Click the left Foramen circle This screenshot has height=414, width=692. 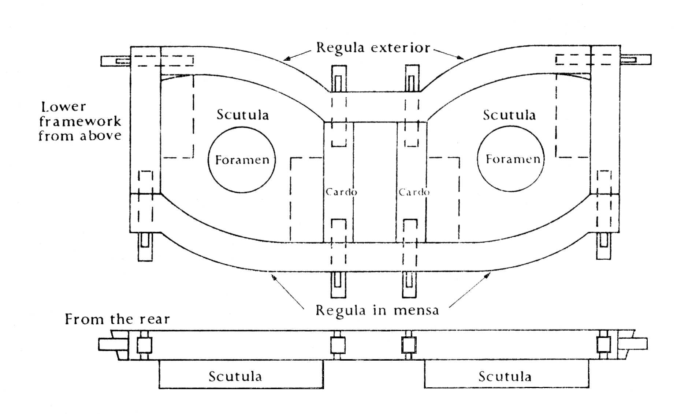tap(208, 160)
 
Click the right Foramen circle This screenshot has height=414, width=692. tap(477, 160)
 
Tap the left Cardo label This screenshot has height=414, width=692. tap(341, 192)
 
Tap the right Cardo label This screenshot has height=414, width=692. tap(414, 192)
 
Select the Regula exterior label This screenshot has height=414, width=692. tap(373, 48)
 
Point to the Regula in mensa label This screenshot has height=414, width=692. tap(377, 310)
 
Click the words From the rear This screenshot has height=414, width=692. tap(117, 319)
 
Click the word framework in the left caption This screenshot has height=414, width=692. tap(80, 121)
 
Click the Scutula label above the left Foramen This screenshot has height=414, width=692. tap(242, 114)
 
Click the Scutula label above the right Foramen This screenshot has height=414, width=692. tap(509, 115)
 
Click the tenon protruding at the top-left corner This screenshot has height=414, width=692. tap(115, 61)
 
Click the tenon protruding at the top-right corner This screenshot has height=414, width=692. tap(636, 60)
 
